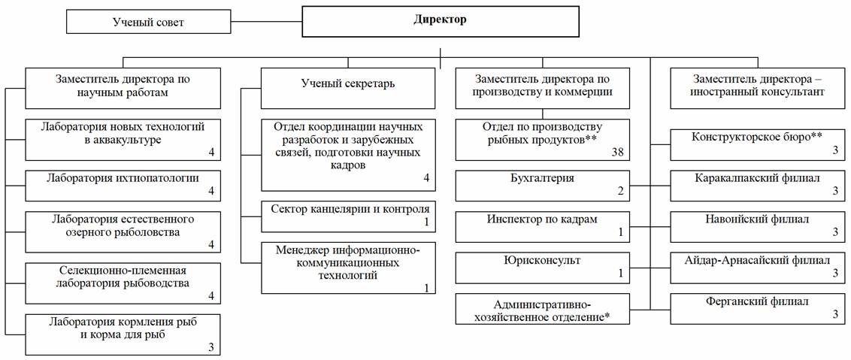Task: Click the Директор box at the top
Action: tap(440, 21)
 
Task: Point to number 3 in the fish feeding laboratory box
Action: tap(211, 346)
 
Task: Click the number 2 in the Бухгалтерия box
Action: tap(621, 192)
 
